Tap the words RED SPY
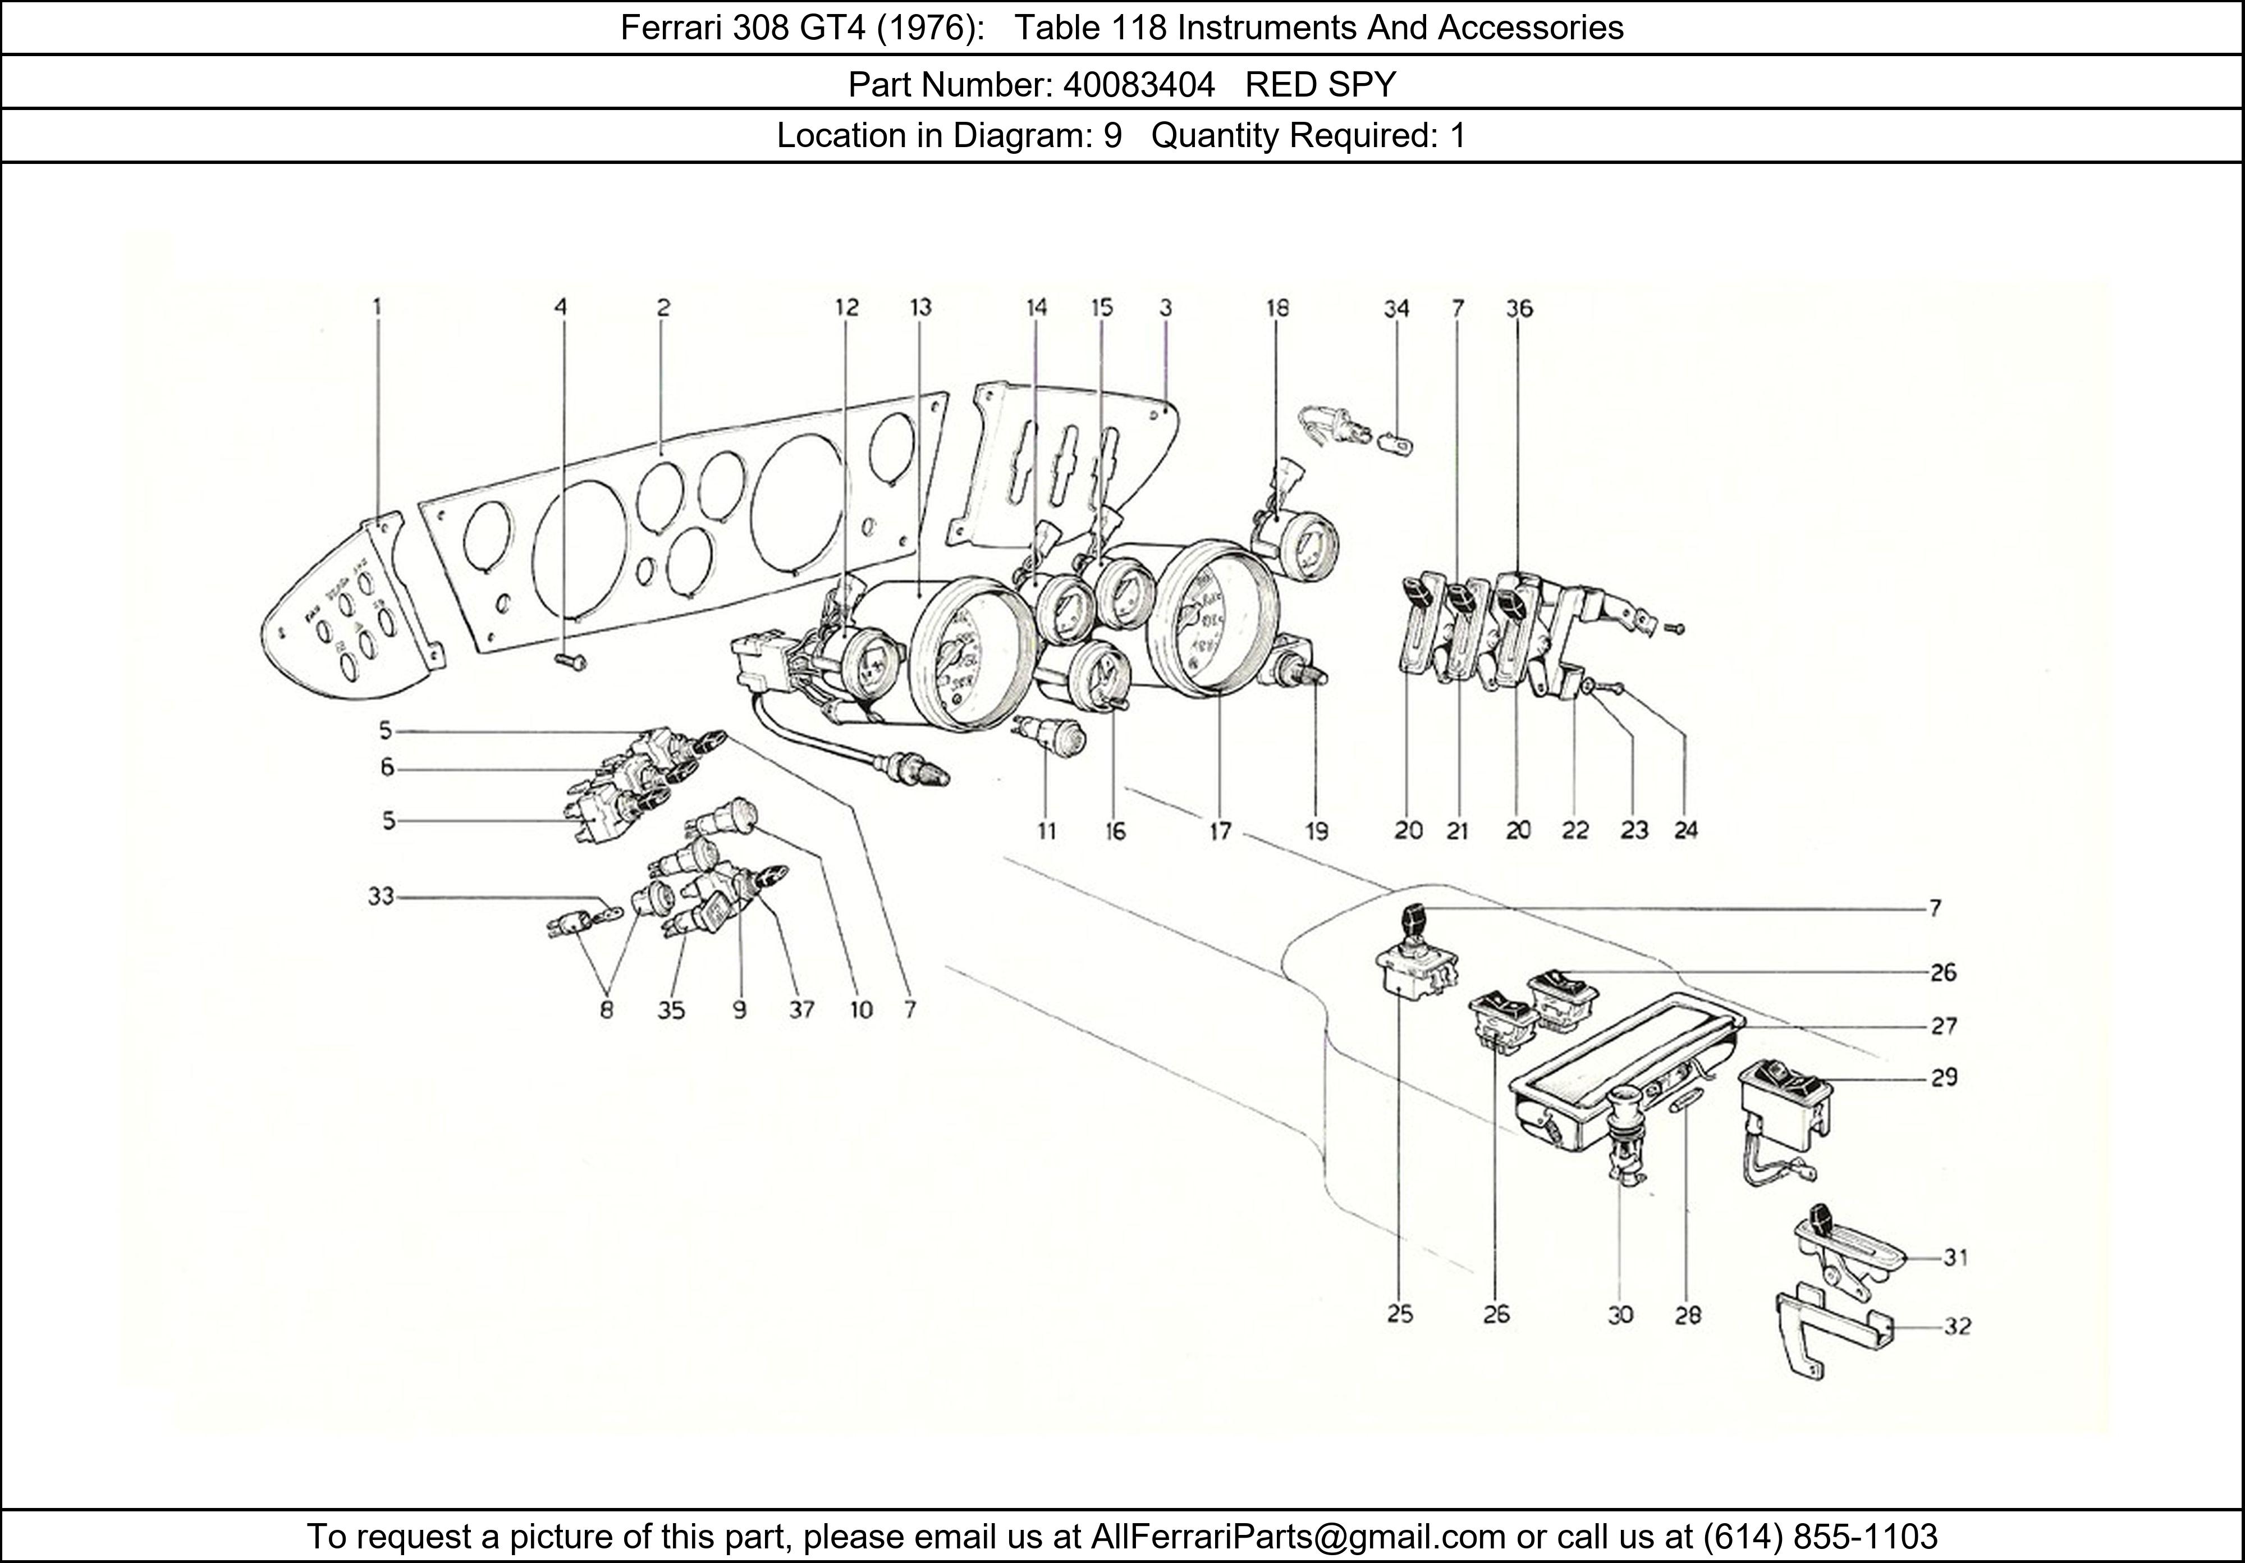tap(1320, 86)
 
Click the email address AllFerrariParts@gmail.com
tap(1298, 1537)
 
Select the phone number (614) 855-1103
tap(1820, 1537)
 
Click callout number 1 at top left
tap(377, 307)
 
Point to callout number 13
tap(920, 307)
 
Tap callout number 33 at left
tap(381, 896)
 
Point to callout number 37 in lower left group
tap(801, 1009)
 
